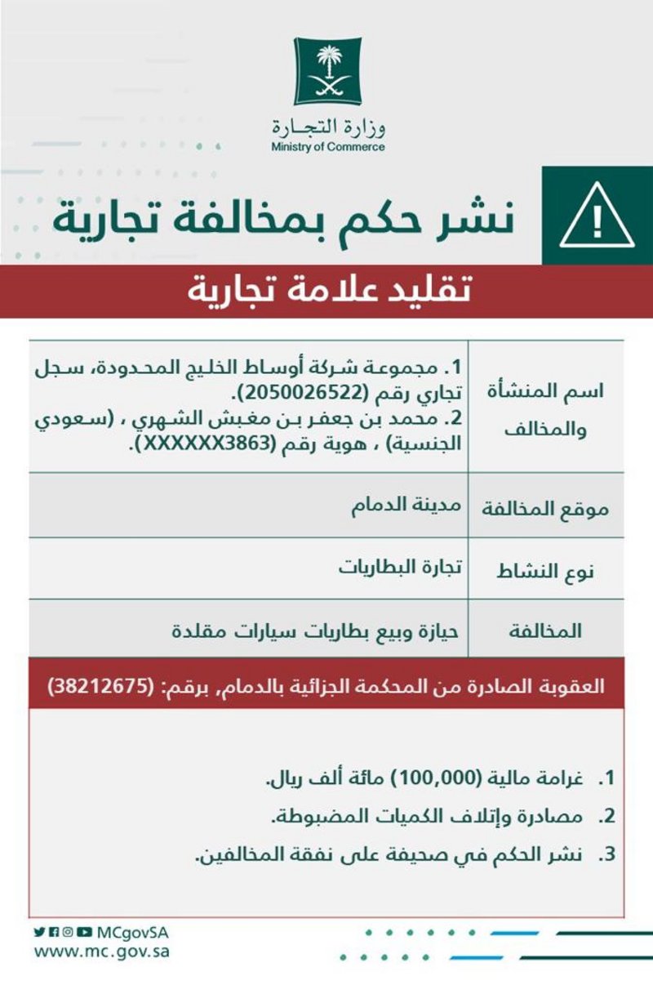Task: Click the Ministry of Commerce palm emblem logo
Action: tap(327, 71)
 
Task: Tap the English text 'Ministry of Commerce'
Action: tap(327, 148)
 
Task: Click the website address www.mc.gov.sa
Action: tap(102, 952)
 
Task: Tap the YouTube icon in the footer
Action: tap(85, 932)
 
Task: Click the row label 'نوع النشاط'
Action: tap(546, 571)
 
